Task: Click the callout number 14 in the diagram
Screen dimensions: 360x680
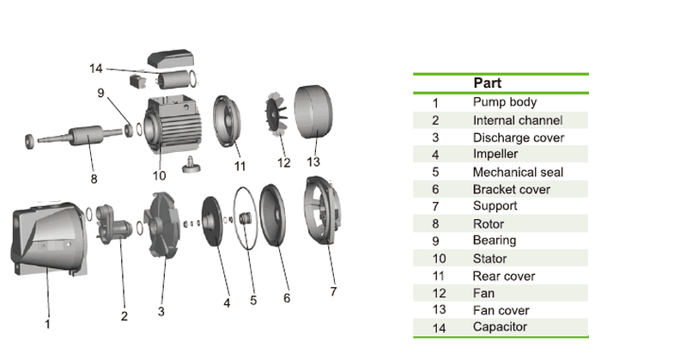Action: pyautogui.click(x=96, y=68)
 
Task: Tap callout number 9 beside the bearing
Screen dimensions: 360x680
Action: pyautogui.click(x=100, y=92)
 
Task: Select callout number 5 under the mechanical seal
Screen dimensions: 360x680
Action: pyautogui.click(x=253, y=300)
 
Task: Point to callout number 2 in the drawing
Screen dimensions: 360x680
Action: pyautogui.click(x=124, y=316)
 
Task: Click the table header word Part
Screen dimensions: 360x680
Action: pyautogui.click(x=488, y=84)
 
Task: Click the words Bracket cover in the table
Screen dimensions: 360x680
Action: pyautogui.click(x=512, y=189)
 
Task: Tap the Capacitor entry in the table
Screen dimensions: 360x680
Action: pyautogui.click(x=501, y=326)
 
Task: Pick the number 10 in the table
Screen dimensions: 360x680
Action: pyautogui.click(x=435, y=259)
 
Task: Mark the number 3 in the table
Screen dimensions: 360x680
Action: pyautogui.click(x=435, y=137)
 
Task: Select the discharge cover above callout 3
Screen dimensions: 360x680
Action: pyautogui.click(x=161, y=232)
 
